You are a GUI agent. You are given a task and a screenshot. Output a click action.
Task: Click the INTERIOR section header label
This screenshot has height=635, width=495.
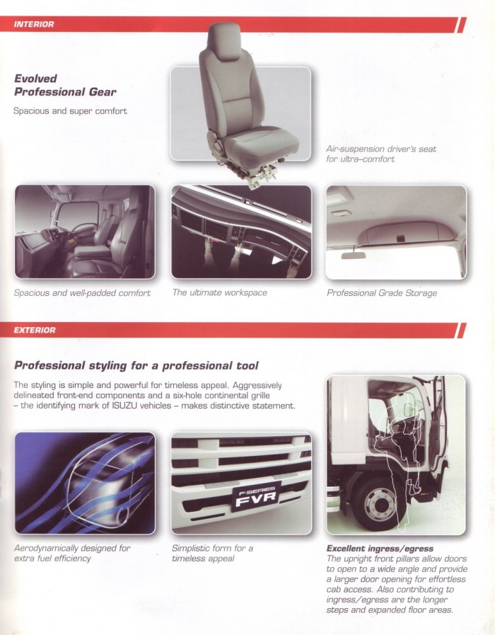34,25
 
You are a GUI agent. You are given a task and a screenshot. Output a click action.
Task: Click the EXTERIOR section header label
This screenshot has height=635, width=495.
35,330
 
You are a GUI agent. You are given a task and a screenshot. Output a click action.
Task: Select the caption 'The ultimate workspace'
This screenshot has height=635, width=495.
219,292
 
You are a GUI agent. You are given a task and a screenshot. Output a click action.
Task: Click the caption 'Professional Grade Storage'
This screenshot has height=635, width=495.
382,292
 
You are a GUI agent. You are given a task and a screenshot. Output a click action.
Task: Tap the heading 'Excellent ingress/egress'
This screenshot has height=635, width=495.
380,549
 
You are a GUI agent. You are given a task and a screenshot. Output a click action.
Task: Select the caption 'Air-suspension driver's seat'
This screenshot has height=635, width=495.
381,149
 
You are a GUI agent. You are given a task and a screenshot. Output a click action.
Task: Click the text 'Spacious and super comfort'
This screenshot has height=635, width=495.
70,111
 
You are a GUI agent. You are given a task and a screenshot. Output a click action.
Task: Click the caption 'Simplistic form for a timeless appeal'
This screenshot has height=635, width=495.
212,553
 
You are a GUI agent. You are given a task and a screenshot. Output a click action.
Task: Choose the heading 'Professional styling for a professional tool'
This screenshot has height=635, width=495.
136,365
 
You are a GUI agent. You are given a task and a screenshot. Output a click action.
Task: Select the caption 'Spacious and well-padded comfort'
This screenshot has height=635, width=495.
82,292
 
